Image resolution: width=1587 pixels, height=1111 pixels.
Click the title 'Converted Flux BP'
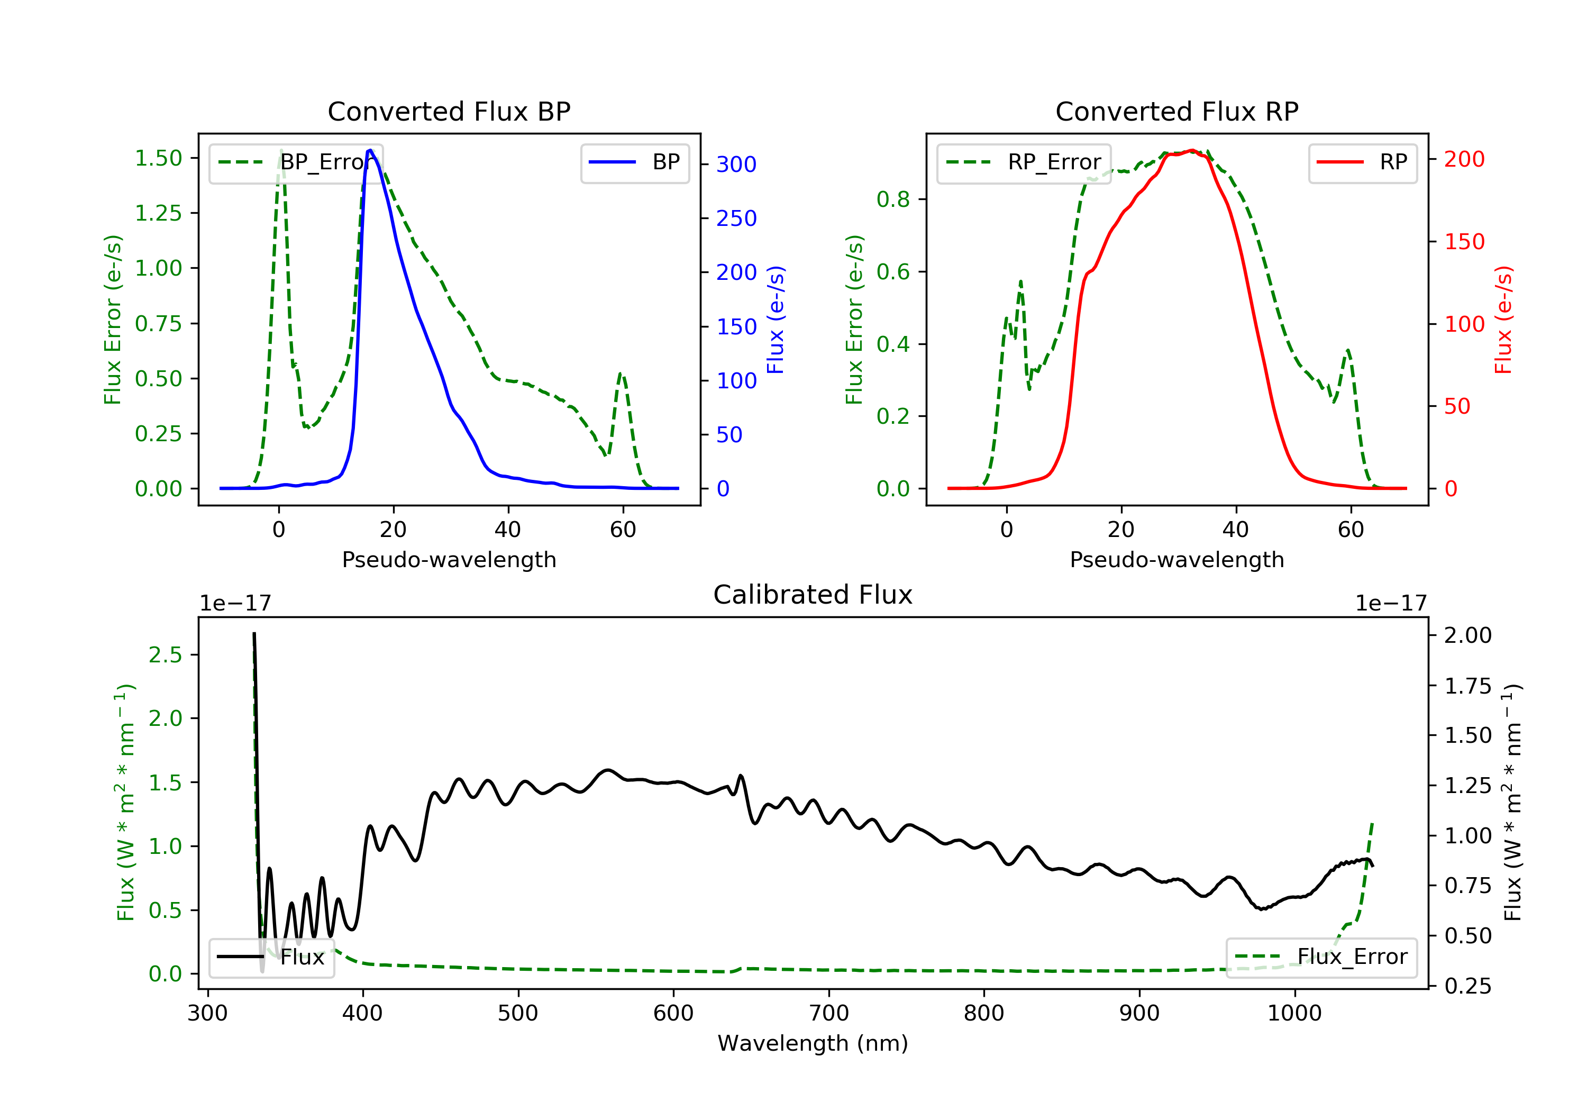[x=449, y=111]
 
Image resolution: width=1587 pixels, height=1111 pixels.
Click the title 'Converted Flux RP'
[x=1176, y=111]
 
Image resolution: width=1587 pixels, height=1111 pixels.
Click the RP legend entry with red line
[x=1362, y=162]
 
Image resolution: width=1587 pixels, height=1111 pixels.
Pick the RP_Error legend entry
[x=1024, y=162]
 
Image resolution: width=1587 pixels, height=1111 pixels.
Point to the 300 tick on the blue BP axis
[x=736, y=165]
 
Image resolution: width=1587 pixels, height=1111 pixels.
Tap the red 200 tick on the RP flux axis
[x=1464, y=160]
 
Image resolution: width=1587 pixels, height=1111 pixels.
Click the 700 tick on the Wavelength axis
[x=829, y=1014]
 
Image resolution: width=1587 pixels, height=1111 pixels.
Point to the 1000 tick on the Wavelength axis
[x=1294, y=1014]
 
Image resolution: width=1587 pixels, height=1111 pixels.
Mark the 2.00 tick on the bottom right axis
[x=1467, y=635]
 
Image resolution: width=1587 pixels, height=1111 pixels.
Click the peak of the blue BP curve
[x=370, y=150]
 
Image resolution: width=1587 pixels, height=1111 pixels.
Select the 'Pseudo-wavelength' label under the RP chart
[x=1176, y=560]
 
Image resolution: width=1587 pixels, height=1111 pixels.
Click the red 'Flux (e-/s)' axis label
[x=1503, y=320]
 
